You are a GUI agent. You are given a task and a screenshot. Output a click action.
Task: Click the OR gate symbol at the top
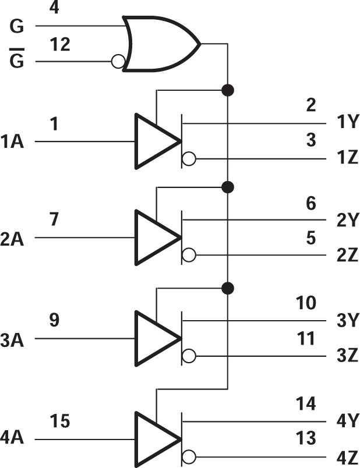pyautogui.click(x=160, y=44)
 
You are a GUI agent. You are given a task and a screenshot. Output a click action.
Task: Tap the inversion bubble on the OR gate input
pyautogui.click(x=118, y=61)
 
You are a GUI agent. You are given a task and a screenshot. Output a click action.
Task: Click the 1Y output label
pyautogui.click(x=347, y=122)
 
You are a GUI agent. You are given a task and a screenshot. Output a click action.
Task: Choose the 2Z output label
pyautogui.click(x=347, y=256)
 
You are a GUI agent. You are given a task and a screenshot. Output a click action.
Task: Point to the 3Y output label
pyautogui.click(x=347, y=321)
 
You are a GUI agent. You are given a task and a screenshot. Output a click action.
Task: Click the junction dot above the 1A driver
pyautogui.click(x=228, y=90)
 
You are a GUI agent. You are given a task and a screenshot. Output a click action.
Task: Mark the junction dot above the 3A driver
pyautogui.click(x=228, y=288)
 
